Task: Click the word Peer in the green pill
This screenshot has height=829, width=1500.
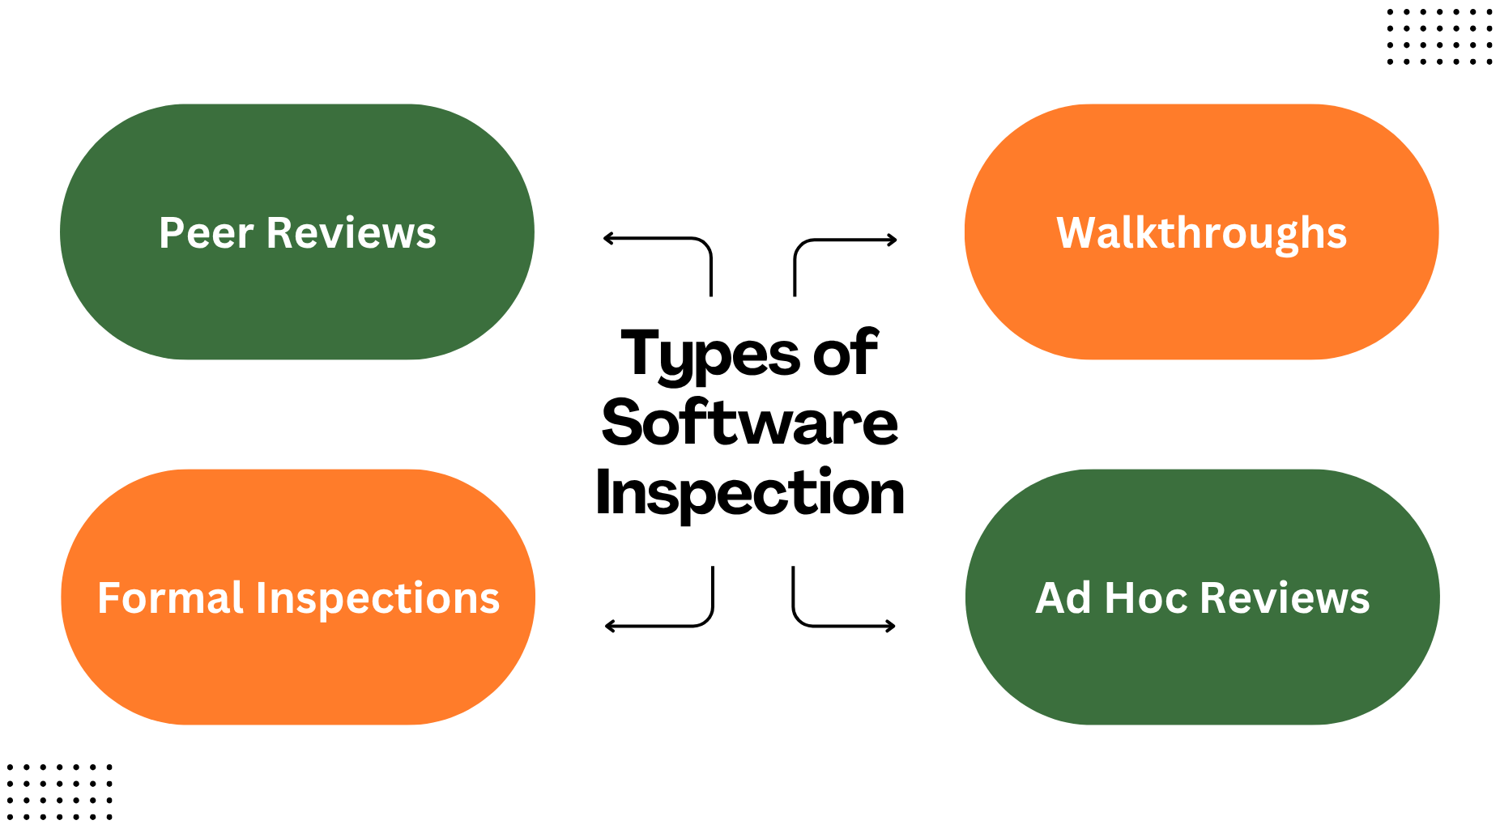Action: (207, 234)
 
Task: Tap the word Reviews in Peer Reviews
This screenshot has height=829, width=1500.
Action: (352, 234)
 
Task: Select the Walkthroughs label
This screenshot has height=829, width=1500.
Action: (1201, 234)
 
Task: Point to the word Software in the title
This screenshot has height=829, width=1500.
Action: (750, 423)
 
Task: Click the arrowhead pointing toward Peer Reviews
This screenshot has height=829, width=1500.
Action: (607, 238)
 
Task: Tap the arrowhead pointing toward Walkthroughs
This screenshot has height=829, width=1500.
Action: (893, 240)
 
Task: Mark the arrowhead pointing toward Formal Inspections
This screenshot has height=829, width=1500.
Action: (609, 626)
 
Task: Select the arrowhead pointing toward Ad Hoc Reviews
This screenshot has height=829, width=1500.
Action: (891, 626)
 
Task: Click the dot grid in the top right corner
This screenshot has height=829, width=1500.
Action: (1439, 36)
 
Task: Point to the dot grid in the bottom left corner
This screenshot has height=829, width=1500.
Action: (59, 791)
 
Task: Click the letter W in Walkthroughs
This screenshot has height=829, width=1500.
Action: (1076, 233)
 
